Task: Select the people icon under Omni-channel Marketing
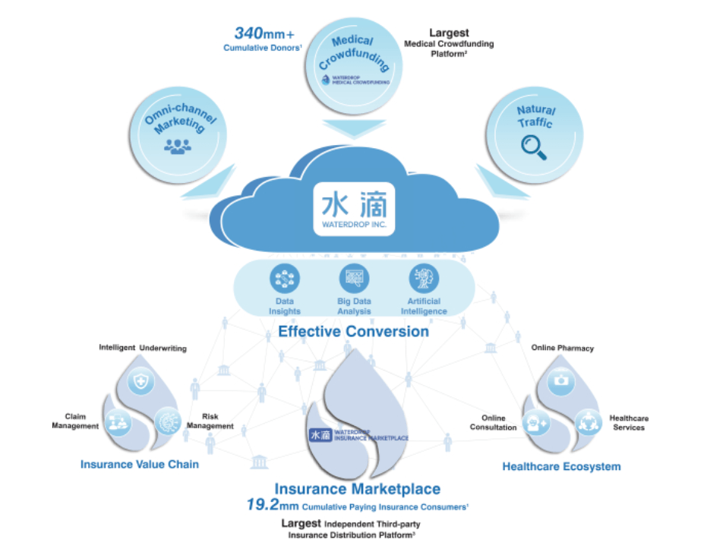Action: pyautogui.click(x=178, y=144)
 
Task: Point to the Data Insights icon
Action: pyautogui.click(x=285, y=279)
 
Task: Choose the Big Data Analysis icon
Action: pyautogui.click(x=354, y=279)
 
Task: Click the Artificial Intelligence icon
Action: pyautogui.click(x=423, y=279)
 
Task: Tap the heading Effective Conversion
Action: pyautogui.click(x=353, y=331)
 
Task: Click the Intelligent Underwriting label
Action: pyautogui.click(x=143, y=348)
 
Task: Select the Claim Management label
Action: pyautogui.click(x=75, y=421)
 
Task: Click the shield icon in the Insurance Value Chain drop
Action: pyautogui.click(x=141, y=381)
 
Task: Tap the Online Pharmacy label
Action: pyautogui.click(x=562, y=349)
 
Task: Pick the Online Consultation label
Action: pyautogui.click(x=498, y=422)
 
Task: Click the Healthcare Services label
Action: pyautogui.click(x=628, y=422)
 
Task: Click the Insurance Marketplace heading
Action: pyautogui.click(x=357, y=488)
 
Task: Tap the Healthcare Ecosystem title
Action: pyautogui.click(x=561, y=466)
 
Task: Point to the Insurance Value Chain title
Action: pyautogui.click(x=140, y=463)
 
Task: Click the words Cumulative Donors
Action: pyautogui.click(x=263, y=49)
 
